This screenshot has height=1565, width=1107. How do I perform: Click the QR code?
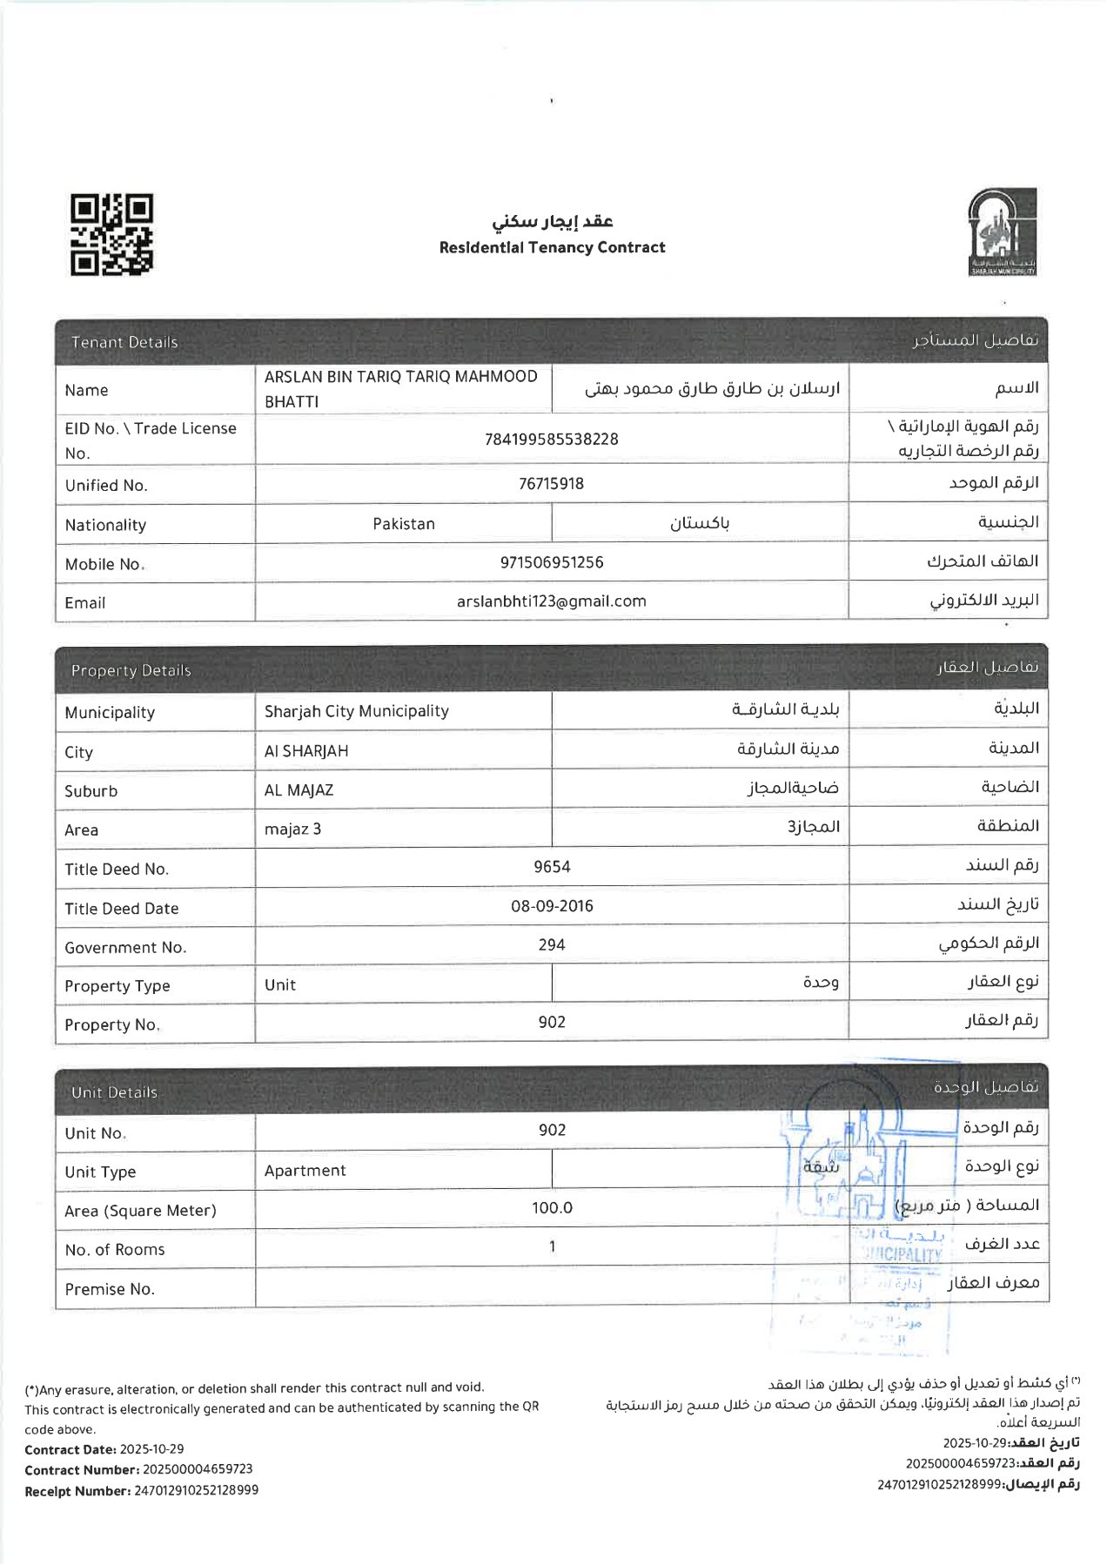click(x=111, y=235)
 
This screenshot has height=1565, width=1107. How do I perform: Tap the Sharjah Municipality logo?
click(x=1002, y=232)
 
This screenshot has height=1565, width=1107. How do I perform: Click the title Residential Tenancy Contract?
click(x=552, y=247)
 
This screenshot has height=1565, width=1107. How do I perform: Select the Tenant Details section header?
click(x=124, y=342)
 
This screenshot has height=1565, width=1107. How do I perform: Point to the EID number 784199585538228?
click(x=551, y=439)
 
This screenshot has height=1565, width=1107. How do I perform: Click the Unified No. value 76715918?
click(x=551, y=483)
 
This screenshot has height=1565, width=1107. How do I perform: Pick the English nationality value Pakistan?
click(x=403, y=523)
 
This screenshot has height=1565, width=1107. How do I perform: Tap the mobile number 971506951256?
click(x=551, y=562)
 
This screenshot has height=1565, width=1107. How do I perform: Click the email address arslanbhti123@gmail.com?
click(x=551, y=601)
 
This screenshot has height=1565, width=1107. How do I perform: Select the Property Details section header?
click(x=131, y=670)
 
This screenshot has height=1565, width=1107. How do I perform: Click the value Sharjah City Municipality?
click(x=356, y=711)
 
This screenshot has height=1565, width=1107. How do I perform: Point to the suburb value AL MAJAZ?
click(x=299, y=790)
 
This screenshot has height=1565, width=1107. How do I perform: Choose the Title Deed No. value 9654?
click(x=552, y=866)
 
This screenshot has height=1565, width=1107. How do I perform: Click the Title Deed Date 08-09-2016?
click(x=552, y=905)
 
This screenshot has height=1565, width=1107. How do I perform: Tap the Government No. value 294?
click(x=552, y=944)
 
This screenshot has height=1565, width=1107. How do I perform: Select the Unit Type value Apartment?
click(x=305, y=1171)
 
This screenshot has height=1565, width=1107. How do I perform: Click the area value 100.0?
click(x=552, y=1207)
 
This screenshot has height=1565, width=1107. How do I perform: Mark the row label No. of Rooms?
click(x=114, y=1250)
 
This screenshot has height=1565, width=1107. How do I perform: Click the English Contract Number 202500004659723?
click(x=198, y=1469)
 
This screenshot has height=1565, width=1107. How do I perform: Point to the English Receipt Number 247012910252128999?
click(x=196, y=1490)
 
